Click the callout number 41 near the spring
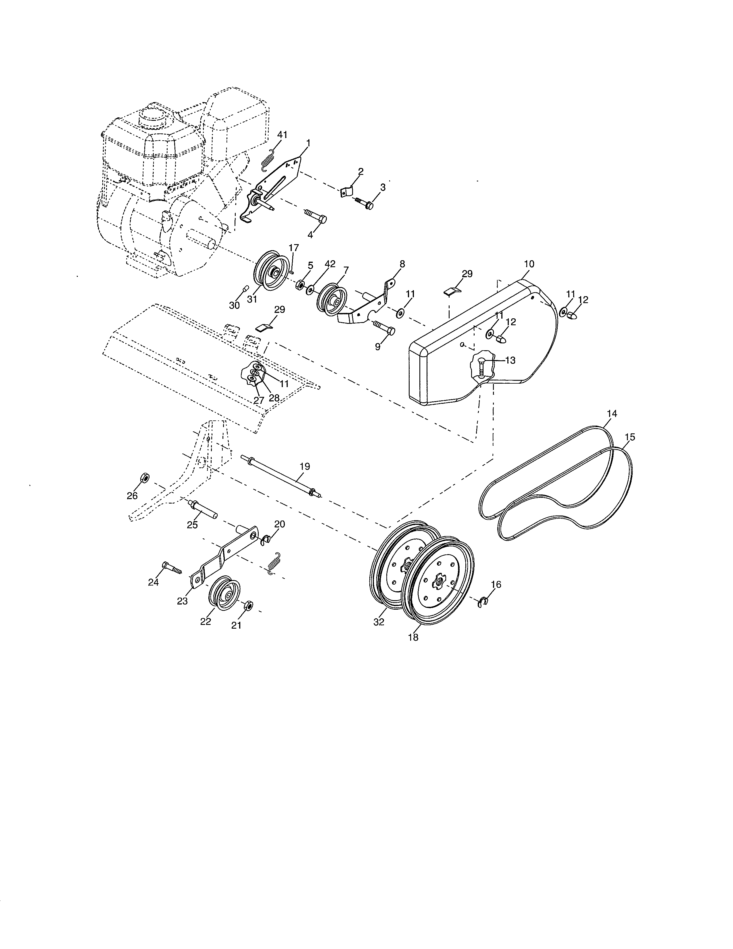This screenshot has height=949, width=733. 282,135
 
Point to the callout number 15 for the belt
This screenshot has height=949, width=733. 629,437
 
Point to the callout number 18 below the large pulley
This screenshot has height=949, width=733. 413,638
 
